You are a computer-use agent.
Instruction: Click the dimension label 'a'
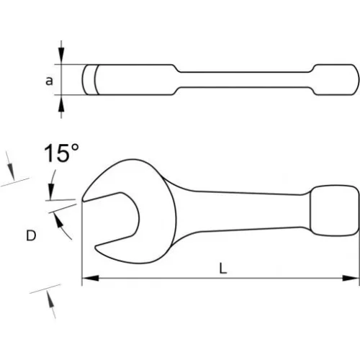(49, 81)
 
